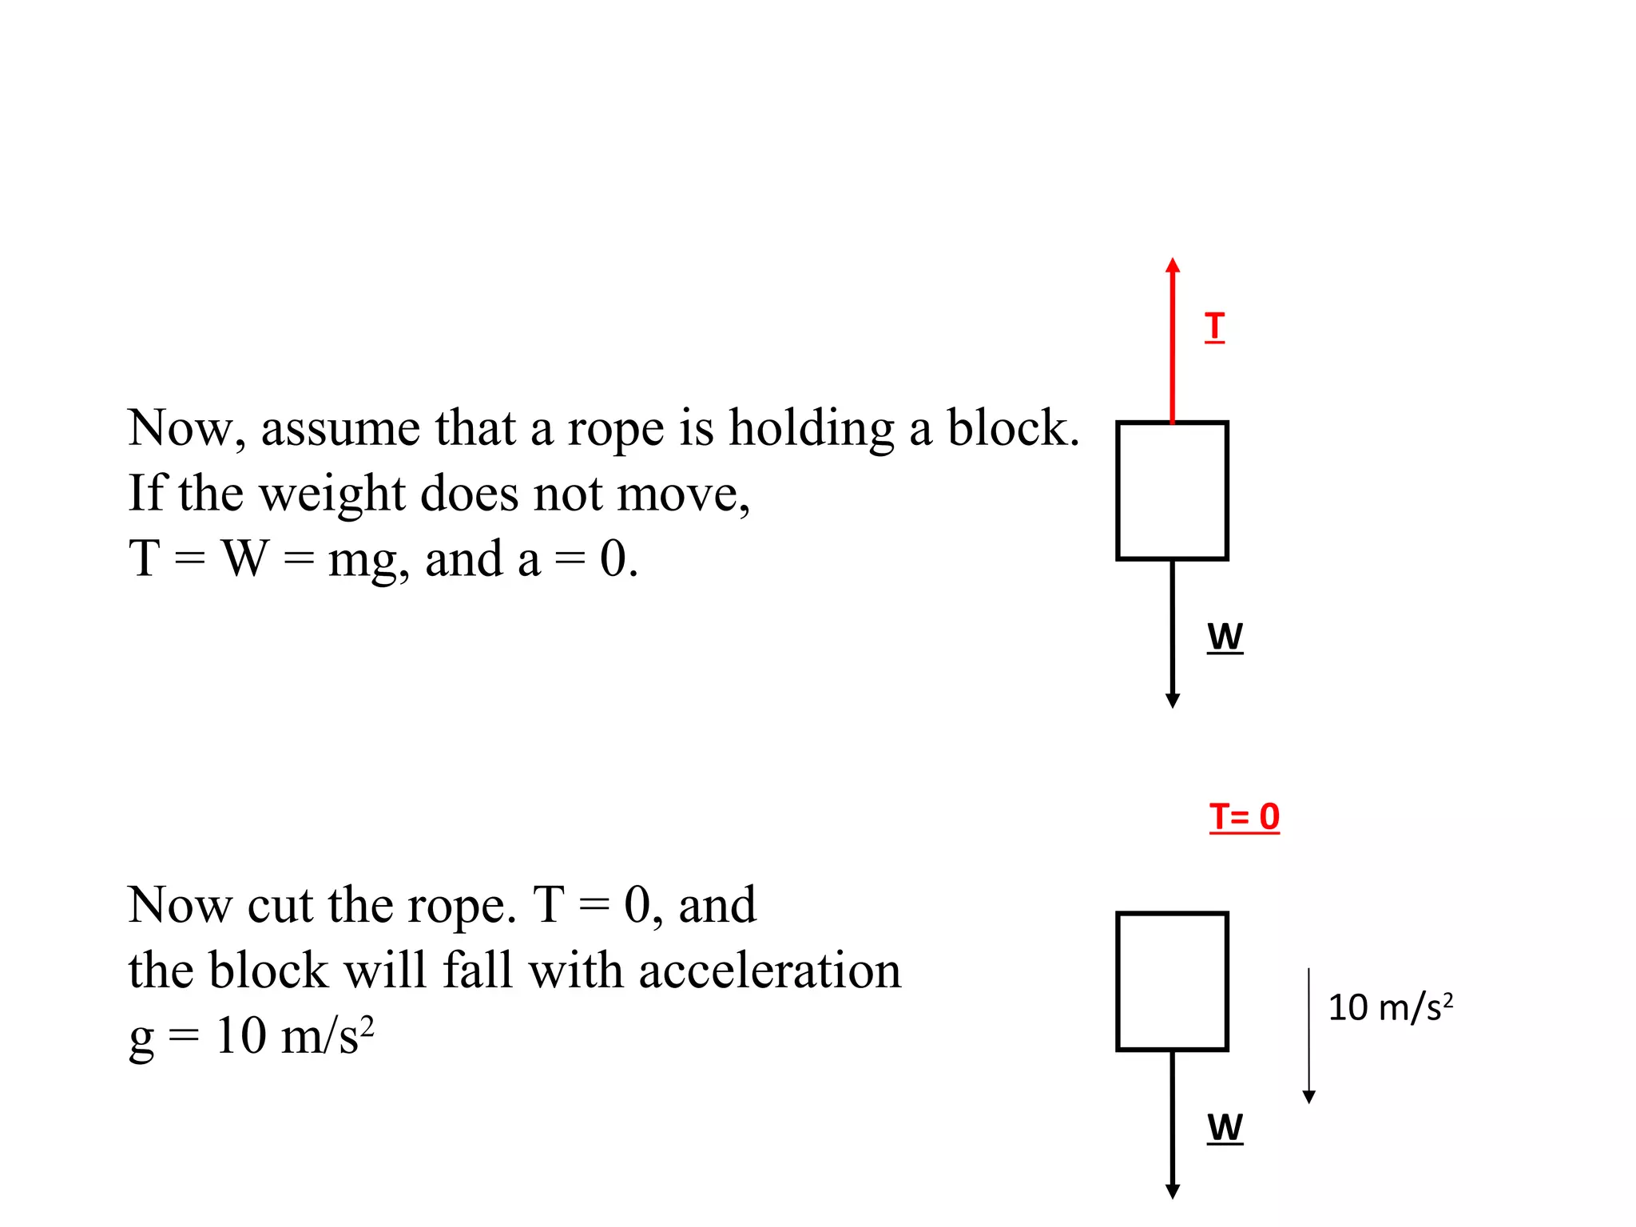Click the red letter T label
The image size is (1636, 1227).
(1214, 327)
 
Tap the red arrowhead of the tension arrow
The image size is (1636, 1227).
(1172, 266)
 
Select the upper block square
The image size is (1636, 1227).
(1172, 490)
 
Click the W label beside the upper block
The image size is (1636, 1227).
(1225, 637)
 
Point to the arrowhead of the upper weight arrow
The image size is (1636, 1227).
(1172, 701)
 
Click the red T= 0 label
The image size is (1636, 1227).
(1244, 817)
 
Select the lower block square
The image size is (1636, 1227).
(1172, 981)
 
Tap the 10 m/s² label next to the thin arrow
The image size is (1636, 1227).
(1389, 1007)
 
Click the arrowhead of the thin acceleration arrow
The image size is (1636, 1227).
(1308, 1097)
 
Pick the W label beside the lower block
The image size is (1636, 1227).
(1225, 1128)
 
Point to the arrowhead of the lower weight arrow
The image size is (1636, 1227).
(1172, 1191)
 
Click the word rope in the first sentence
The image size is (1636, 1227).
(615, 430)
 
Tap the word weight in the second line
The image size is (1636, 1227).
(332, 494)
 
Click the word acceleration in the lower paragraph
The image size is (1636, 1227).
(769, 971)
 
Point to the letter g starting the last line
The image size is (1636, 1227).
(141, 1039)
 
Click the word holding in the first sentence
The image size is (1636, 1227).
(812, 430)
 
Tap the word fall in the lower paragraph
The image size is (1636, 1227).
(477, 971)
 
